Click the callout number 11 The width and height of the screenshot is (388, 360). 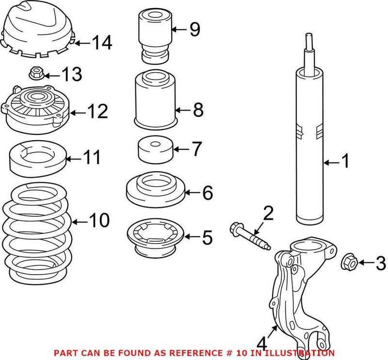pyautogui.click(x=92, y=158)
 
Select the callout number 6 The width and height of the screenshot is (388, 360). pyautogui.click(x=207, y=193)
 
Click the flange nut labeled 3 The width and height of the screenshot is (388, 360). pyautogui.click(x=350, y=262)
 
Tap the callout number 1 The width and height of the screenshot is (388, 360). pyautogui.click(x=345, y=162)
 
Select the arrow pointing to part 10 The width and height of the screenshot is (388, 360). pyautogui.click(x=80, y=222)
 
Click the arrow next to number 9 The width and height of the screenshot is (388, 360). pyautogui.click(x=180, y=30)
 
